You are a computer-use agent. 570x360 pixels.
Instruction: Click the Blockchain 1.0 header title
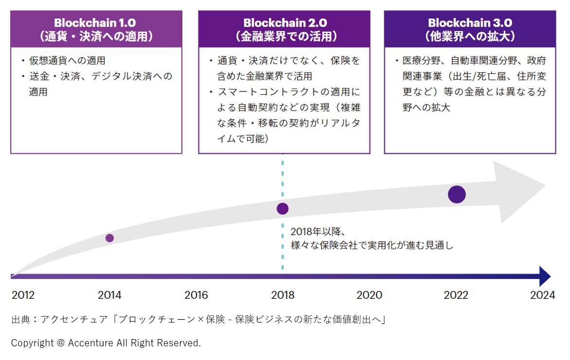[96, 22]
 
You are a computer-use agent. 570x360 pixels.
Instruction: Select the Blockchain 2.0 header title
[285, 22]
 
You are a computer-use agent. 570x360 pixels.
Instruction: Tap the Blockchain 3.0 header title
[470, 22]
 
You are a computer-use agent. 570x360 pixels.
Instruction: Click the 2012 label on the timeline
[23, 295]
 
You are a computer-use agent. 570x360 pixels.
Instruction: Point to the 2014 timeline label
[109, 295]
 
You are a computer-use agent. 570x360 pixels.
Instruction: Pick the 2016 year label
[196, 295]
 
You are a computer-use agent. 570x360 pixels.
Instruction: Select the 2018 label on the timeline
[283, 295]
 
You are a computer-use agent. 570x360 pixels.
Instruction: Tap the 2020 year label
[369, 295]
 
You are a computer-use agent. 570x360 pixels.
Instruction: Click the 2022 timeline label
[456, 295]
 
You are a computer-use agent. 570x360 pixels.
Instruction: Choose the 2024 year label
[542, 295]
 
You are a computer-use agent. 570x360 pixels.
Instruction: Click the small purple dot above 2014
[109, 238]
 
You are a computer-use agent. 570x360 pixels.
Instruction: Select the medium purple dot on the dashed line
[283, 209]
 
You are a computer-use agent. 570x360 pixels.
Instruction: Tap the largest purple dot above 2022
[457, 195]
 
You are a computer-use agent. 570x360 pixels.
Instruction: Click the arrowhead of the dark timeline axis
[545, 276]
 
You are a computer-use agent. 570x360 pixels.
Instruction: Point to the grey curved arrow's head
[520, 187]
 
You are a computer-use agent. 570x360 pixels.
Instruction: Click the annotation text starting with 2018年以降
[372, 238]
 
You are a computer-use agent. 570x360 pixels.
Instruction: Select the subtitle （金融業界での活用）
[285, 36]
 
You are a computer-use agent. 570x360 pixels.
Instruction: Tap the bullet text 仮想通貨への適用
[67, 61]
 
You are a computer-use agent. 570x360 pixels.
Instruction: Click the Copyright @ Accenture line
[106, 343]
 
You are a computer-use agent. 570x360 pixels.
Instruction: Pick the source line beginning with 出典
[198, 320]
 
